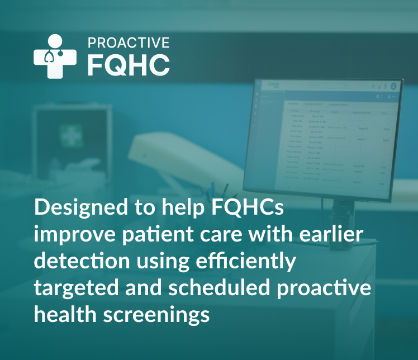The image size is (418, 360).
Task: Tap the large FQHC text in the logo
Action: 128,64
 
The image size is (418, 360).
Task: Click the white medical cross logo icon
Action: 55,56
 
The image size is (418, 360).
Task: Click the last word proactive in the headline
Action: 330,288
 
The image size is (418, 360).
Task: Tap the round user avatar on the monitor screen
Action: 393,87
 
